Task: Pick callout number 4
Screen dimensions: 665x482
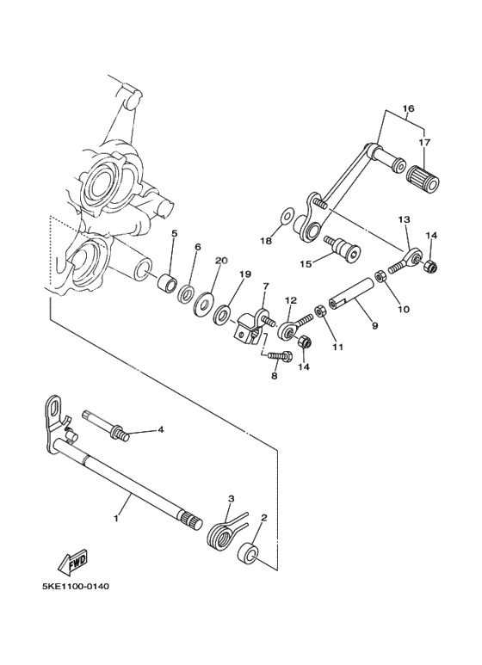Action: tap(159, 428)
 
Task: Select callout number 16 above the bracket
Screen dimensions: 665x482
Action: tap(408, 108)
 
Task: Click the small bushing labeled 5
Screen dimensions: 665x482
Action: tap(169, 283)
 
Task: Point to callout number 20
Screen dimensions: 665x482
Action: tap(221, 261)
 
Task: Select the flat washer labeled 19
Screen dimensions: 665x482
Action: tap(222, 313)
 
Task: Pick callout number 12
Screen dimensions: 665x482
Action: tap(291, 300)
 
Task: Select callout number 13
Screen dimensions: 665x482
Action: tap(404, 220)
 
